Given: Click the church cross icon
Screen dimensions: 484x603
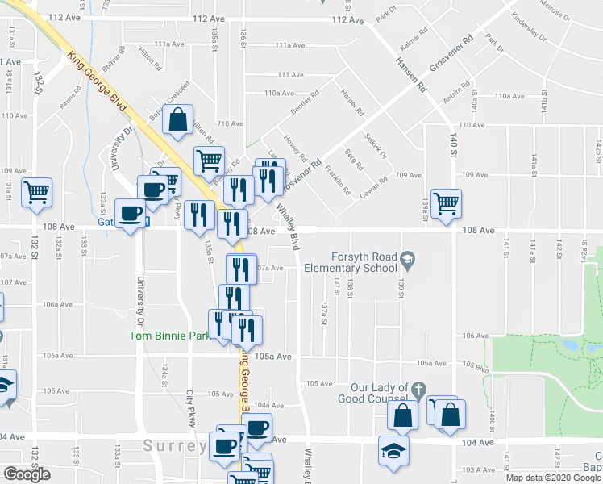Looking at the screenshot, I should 418,390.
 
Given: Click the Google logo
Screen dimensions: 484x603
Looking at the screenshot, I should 26,474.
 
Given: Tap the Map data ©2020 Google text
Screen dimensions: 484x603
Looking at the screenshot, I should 553,478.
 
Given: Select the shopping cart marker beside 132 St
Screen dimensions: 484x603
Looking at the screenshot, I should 36,192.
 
